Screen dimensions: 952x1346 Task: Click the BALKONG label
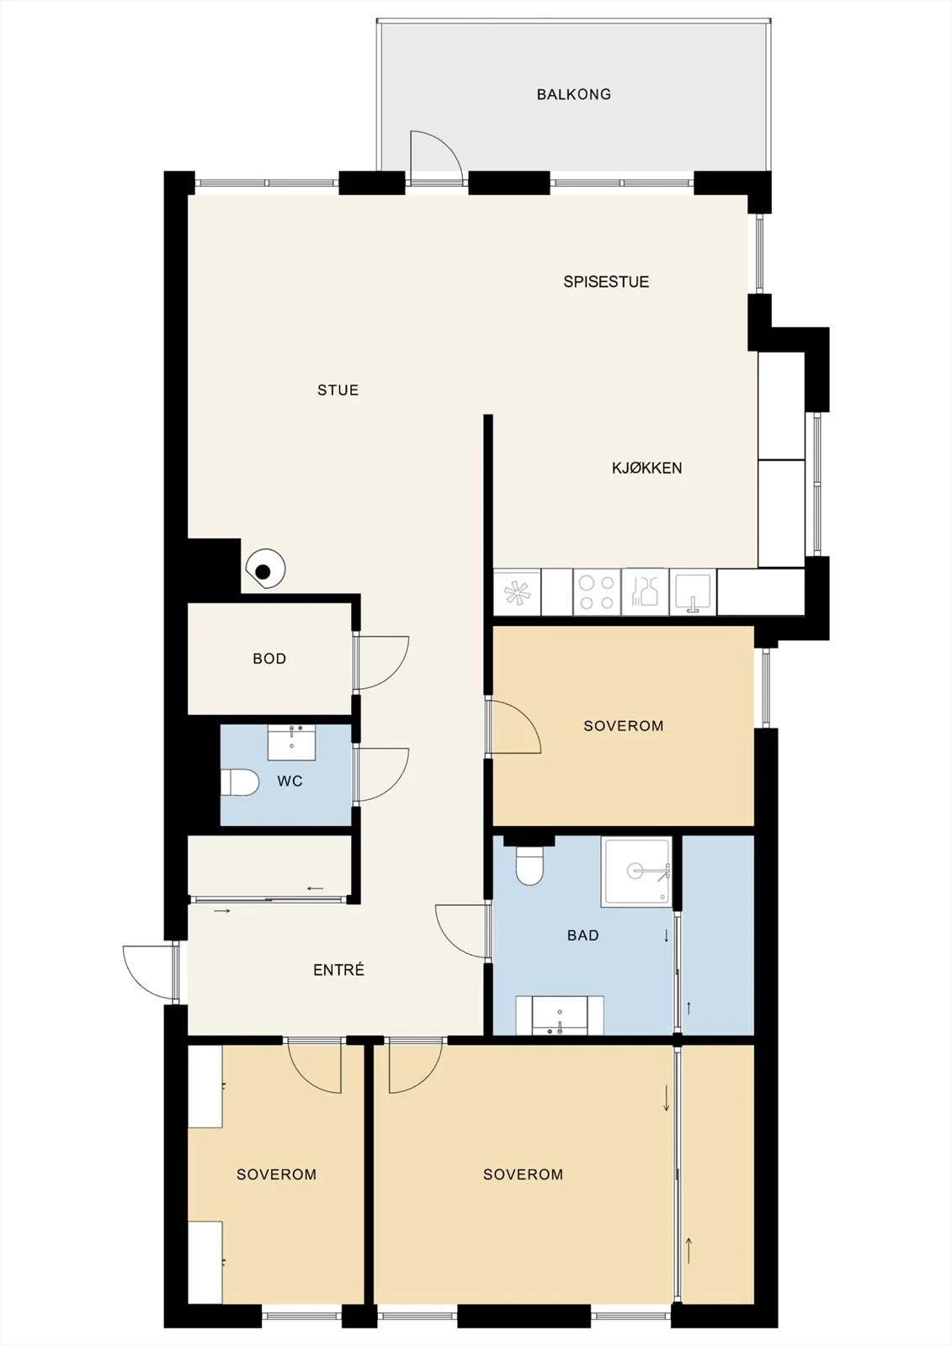click(574, 94)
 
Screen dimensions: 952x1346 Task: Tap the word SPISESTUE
click(606, 282)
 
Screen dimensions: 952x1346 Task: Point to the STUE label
click(338, 390)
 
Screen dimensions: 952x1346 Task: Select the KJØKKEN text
click(647, 468)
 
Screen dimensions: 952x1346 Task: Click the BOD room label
click(269, 659)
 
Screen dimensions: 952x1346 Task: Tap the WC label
click(290, 782)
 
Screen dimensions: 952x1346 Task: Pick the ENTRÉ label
click(338, 969)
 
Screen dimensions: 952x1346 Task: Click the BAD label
click(582, 935)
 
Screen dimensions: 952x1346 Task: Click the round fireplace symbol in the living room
click(265, 569)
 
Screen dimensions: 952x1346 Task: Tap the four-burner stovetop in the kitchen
click(597, 592)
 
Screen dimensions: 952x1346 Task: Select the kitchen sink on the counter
click(693, 592)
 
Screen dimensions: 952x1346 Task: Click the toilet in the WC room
click(239, 783)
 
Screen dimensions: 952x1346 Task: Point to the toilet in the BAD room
click(529, 866)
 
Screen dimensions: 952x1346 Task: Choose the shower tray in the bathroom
click(636, 872)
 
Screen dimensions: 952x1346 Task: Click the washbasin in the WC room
click(292, 743)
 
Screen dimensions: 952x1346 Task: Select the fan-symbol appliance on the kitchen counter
click(517, 592)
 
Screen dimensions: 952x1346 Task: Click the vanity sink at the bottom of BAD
click(559, 1015)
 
